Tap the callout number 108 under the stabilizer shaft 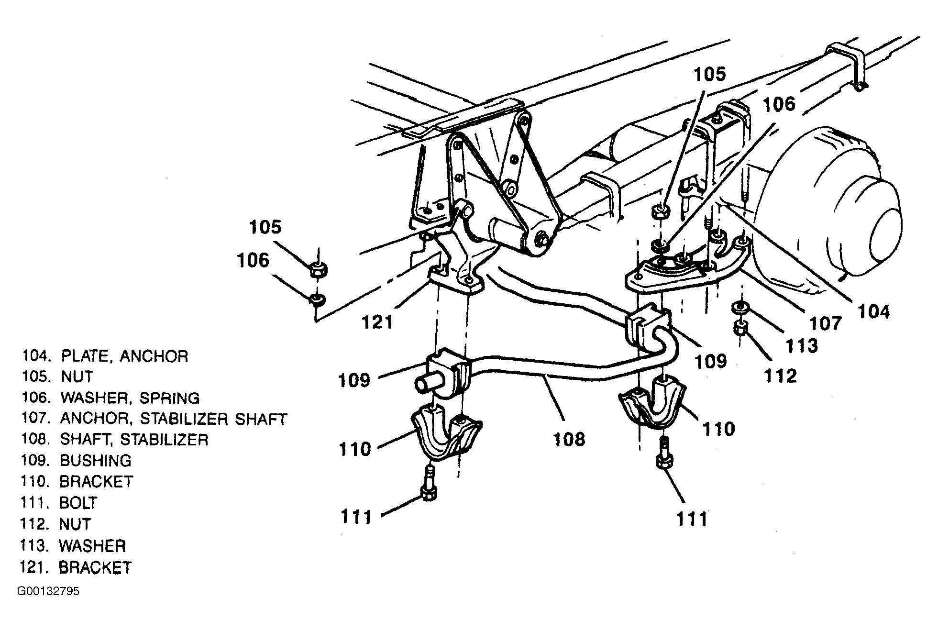click(569, 438)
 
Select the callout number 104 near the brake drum click(873, 311)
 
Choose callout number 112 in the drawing click(781, 376)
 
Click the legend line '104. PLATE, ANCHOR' click(105, 356)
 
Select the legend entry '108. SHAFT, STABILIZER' click(115, 439)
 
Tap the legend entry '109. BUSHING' click(76, 460)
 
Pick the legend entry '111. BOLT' click(59, 503)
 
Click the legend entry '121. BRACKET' click(76, 567)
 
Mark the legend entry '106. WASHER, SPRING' click(110, 398)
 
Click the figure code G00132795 click(49, 591)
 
